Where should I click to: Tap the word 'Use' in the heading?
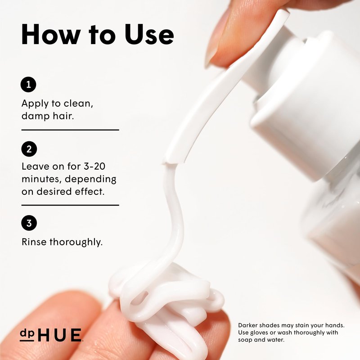(149, 35)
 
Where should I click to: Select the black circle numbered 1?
(28, 85)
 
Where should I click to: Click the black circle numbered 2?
(29, 149)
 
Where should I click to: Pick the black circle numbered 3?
(29, 223)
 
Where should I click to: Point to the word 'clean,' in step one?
(78, 103)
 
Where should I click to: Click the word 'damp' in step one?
(36, 116)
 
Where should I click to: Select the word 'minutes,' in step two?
(41, 179)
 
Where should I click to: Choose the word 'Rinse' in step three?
(34, 242)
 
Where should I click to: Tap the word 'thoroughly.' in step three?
(76, 242)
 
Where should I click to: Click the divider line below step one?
(70, 130)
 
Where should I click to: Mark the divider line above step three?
(70, 205)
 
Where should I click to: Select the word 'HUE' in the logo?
(59, 335)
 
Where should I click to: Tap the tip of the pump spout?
(171, 162)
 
